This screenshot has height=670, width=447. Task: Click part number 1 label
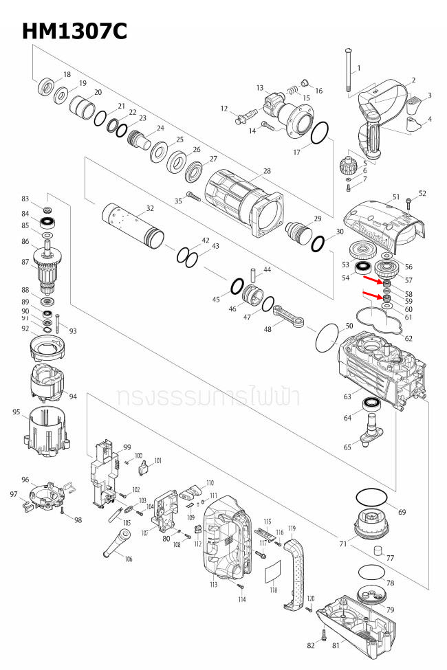click(358, 67)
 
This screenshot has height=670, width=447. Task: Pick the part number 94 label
click(73, 397)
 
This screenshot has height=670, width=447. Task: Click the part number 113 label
click(214, 585)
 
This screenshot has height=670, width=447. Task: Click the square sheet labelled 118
click(274, 571)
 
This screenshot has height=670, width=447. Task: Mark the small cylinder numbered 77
click(378, 551)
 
